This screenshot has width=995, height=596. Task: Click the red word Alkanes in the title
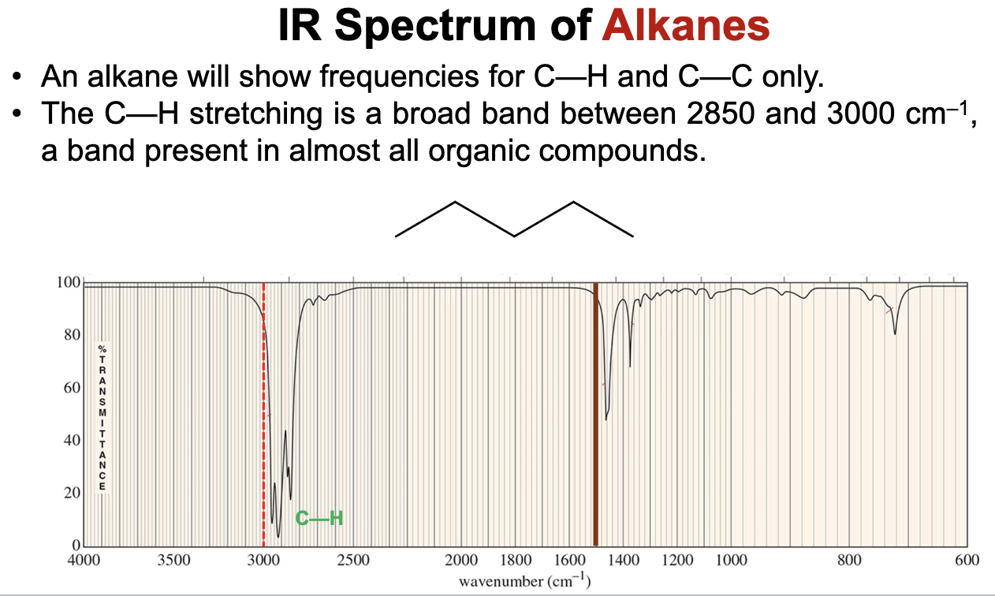pyautogui.click(x=685, y=27)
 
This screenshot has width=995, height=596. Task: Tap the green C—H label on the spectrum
pyautogui.click(x=319, y=518)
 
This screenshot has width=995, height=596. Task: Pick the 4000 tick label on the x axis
pyautogui.click(x=84, y=561)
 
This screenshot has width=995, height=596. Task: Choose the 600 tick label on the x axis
pyautogui.click(x=966, y=561)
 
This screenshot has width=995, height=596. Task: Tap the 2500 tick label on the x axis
pyautogui.click(x=352, y=561)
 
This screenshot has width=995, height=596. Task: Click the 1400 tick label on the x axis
pyautogui.click(x=624, y=561)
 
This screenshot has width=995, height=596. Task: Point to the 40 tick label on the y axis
pyautogui.click(x=71, y=441)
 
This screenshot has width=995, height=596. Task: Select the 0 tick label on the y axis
pyautogui.click(x=76, y=546)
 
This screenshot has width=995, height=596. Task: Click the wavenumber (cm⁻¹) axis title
pyautogui.click(x=524, y=582)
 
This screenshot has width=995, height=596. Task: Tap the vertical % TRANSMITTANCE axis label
pyautogui.click(x=102, y=418)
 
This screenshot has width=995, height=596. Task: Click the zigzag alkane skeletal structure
pyautogui.click(x=514, y=218)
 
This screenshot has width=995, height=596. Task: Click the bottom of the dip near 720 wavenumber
pyautogui.click(x=895, y=333)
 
